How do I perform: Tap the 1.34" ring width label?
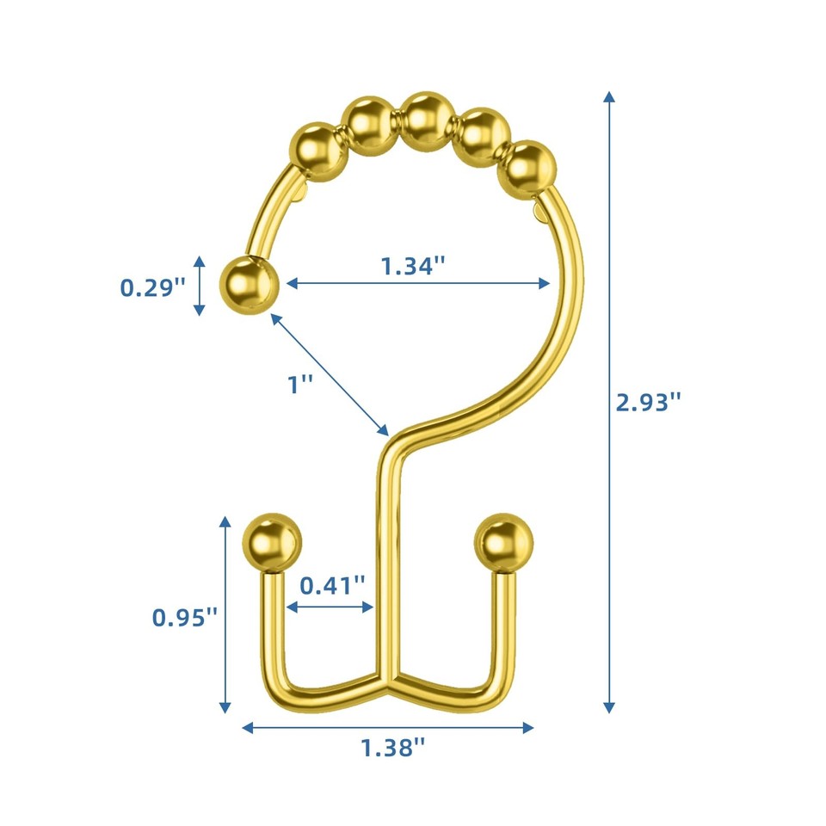point(413,266)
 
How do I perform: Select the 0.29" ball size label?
point(152,287)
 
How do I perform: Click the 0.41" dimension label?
point(332,586)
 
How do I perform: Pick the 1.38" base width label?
point(393,747)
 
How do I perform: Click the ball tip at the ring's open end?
point(250,284)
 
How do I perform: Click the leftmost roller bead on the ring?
point(321,151)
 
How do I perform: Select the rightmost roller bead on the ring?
point(527,167)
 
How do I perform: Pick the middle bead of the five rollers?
point(428,120)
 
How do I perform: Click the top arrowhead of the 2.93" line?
point(609,96)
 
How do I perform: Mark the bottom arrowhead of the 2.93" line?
point(609,706)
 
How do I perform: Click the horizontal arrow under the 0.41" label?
point(331,607)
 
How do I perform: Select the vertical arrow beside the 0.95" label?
point(225,614)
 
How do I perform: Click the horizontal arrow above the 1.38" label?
point(388,727)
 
